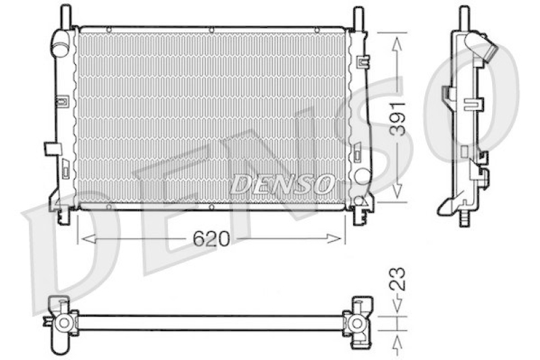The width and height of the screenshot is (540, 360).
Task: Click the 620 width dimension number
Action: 211,238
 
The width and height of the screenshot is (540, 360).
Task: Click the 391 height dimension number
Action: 398,119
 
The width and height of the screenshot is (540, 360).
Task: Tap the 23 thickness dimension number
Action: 398,278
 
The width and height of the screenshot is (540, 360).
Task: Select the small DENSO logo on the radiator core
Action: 282,184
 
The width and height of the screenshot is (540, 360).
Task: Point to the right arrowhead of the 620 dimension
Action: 333,238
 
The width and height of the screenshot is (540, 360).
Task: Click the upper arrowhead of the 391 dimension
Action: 397,45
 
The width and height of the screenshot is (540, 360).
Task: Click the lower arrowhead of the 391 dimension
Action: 397,190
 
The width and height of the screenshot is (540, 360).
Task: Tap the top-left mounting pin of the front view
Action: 65,16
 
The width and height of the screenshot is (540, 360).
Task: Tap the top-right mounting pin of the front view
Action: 358,18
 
